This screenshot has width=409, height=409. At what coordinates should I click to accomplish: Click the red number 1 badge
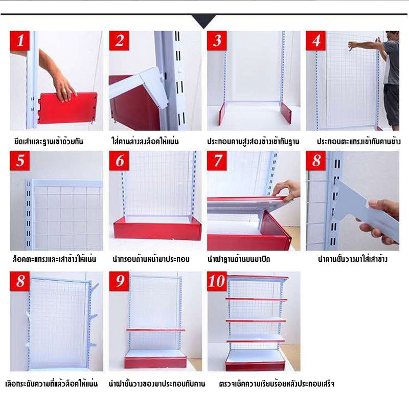coord(20,40)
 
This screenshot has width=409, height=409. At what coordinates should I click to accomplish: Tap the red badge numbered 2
coord(119,40)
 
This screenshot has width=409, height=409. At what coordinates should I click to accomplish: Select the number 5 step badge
coord(20,161)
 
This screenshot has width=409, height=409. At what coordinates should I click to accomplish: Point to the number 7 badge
coord(217,161)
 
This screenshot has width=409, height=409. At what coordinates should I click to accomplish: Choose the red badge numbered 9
coord(119,281)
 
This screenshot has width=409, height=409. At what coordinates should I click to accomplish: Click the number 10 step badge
coord(217,281)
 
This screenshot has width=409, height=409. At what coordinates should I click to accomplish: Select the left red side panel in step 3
coord(222,113)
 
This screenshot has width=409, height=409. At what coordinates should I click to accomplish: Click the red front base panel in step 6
coord(157,231)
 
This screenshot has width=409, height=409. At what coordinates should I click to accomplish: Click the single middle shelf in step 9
coord(156,330)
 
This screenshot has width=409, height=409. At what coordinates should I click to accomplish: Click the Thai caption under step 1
coord(49,142)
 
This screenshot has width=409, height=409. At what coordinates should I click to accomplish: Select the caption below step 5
coord(54,259)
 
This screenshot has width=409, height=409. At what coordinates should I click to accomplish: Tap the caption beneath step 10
coord(277,384)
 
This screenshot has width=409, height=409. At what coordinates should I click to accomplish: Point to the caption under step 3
coord(253,142)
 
